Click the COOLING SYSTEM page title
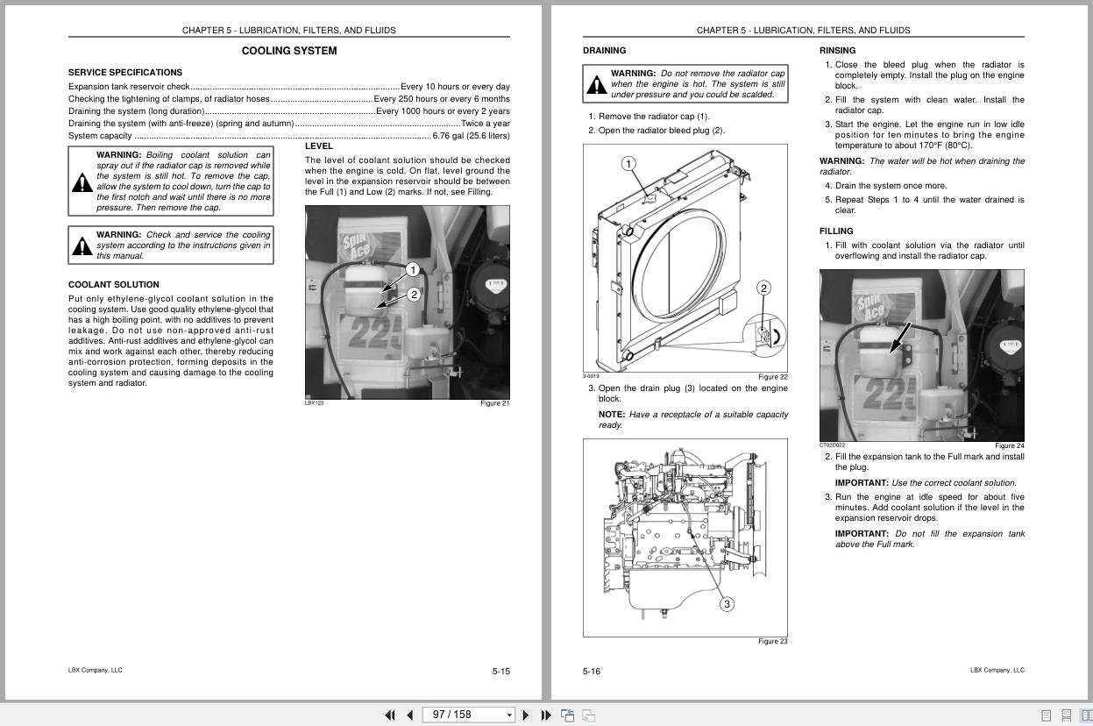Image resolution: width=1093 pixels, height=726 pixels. (289, 51)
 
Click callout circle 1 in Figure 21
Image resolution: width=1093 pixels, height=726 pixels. (413, 270)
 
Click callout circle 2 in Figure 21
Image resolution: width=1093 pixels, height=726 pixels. (414, 295)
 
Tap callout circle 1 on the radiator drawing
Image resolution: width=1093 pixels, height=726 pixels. (628, 164)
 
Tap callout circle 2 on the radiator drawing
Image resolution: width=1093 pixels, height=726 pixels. (763, 288)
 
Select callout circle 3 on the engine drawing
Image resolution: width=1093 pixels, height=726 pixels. (727, 604)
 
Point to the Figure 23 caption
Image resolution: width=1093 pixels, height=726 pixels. (772, 642)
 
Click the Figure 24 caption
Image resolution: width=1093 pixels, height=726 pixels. (1009, 446)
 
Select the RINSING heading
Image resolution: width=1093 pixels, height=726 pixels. (837, 51)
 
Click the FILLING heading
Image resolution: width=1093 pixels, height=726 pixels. (836, 231)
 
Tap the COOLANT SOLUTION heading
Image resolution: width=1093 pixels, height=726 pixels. (114, 285)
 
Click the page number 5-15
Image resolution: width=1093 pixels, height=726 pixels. (500, 672)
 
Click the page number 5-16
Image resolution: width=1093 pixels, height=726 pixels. (592, 672)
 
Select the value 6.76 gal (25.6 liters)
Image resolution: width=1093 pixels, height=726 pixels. (471, 136)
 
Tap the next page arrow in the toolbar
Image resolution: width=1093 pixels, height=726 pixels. (525, 715)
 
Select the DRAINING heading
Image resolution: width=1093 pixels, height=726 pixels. (604, 51)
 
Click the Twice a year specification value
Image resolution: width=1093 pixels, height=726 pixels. (485, 124)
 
